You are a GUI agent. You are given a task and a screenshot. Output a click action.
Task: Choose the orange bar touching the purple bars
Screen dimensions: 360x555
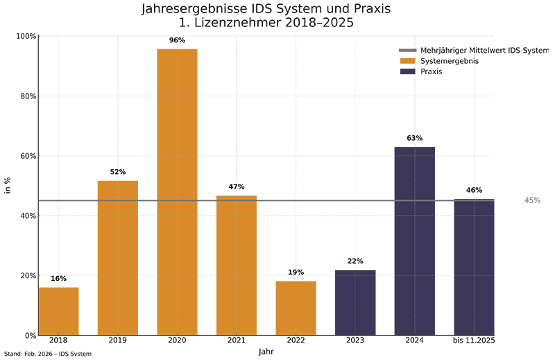point(305,308)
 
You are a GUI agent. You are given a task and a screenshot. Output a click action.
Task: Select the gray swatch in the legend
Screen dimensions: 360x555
point(407,53)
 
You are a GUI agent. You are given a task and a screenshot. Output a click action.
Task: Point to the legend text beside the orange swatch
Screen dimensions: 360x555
point(447,62)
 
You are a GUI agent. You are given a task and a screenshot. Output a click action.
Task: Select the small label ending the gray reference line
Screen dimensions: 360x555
point(534,200)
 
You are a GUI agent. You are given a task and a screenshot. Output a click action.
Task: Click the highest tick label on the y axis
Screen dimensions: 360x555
point(26,38)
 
